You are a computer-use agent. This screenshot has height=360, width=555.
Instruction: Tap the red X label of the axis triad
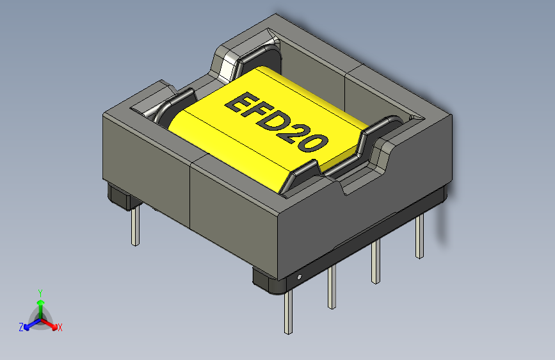60,327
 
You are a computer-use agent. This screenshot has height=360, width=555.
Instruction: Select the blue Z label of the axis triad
21,327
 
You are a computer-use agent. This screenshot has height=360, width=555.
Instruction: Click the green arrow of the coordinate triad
40,304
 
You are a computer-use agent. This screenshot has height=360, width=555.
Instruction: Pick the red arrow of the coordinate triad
51,323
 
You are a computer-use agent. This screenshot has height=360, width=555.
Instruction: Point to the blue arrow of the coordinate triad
29,324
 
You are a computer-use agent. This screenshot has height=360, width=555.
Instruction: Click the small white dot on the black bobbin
299,277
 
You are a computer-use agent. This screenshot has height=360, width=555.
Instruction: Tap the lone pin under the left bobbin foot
134,227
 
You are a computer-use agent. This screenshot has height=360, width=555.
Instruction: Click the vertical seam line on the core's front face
191,195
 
